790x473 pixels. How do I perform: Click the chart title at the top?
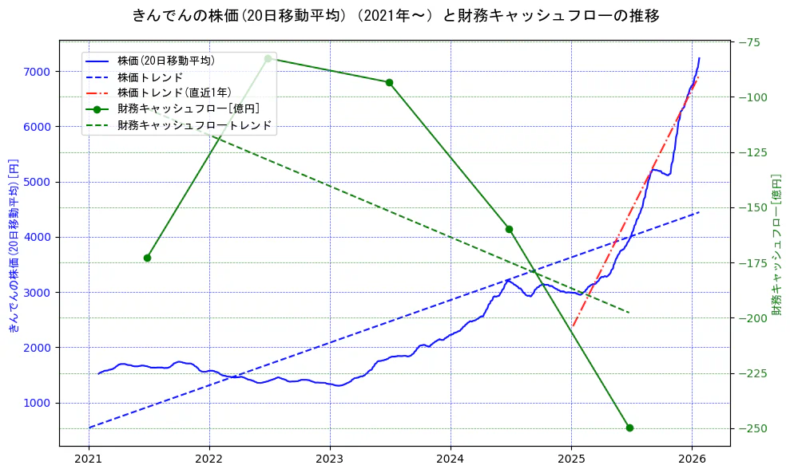[395, 15]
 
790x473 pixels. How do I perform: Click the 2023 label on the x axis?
[330, 459]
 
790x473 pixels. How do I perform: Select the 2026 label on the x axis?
[692, 459]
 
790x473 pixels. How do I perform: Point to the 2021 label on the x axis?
[89, 459]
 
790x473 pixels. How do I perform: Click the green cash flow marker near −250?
[629, 428]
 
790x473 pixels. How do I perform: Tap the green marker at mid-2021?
[147, 258]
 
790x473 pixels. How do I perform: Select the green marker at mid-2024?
[509, 229]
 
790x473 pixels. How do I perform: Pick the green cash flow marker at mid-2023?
[389, 82]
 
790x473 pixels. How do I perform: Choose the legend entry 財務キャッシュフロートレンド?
[194, 125]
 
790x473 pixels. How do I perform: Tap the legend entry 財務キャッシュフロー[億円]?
[188, 108]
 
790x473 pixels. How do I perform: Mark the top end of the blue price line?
[699, 58]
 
